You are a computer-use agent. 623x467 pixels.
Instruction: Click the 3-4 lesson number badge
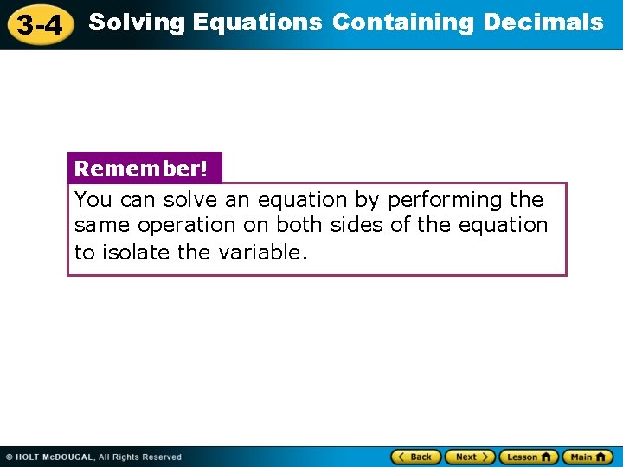[x=40, y=25]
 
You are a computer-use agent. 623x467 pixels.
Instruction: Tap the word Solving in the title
[x=138, y=22]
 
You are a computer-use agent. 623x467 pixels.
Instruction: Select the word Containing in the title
[x=403, y=22]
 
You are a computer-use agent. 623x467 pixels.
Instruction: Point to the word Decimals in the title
[x=543, y=22]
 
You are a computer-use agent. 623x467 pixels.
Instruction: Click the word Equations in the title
[x=258, y=22]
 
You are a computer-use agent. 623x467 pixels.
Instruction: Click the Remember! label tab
[x=142, y=169]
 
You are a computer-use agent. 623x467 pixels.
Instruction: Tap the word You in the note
[x=93, y=200]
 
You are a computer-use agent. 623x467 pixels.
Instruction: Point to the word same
[x=100, y=225]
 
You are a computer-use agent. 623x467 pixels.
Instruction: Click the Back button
[x=416, y=457]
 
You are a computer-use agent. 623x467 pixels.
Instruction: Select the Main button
[x=587, y=457]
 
